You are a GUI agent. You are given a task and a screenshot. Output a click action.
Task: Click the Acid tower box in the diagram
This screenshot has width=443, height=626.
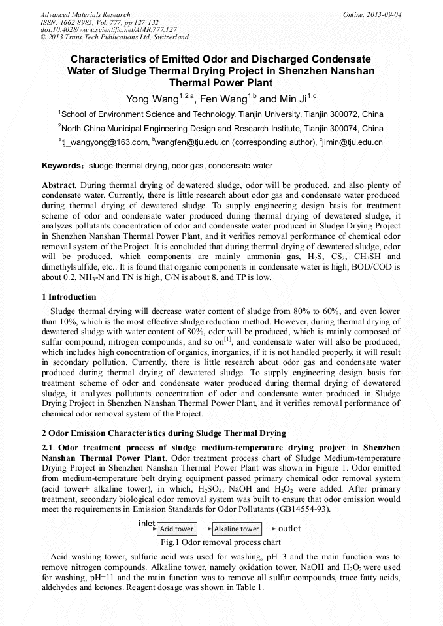click(177, 529)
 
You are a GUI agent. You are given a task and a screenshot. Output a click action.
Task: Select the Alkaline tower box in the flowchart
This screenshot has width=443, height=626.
click(237, 529)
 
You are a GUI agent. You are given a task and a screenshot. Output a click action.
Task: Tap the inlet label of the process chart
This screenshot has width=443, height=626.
click(147, 524)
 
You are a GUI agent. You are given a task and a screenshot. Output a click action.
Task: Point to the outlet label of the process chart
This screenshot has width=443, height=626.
click(289, 528)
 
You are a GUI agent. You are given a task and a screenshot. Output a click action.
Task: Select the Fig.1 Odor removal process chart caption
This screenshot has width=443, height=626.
click(221, 542)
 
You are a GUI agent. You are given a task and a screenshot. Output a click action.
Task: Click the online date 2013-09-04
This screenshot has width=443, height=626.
click(376, 14)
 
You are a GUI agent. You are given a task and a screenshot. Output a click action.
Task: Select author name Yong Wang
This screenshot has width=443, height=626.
click(152, 99)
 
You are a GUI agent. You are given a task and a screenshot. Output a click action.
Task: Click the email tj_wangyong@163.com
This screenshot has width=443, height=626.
click(106, 142)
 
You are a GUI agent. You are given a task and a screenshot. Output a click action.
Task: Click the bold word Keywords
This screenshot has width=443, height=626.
click(63, 166)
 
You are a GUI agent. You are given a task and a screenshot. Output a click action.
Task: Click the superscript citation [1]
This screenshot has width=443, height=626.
click(228, 339)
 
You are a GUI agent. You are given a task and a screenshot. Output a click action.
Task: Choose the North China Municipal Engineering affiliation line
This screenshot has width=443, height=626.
click(221, 128)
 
